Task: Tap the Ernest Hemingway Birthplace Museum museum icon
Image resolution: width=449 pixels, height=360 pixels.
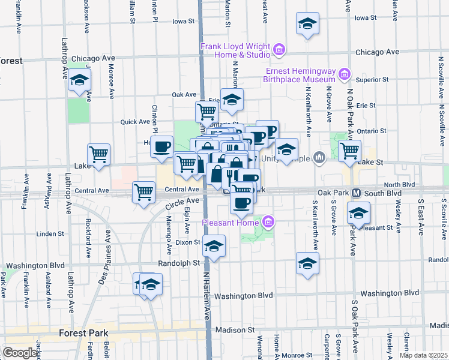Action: (x=344, y=75)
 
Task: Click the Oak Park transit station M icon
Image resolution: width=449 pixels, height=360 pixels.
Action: (x=355, y=193)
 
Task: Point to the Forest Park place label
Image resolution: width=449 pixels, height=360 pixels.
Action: (x=84, y=332)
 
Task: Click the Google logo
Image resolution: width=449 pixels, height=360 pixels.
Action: (x=20, y=353)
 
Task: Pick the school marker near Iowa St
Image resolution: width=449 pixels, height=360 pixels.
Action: (x=307, y=24)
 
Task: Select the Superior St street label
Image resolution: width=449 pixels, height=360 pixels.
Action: (x=372, y=79)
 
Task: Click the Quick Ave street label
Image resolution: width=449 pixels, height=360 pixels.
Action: (x=135, y=121)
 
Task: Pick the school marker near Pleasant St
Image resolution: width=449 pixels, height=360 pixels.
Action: (x=358, y=214)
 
